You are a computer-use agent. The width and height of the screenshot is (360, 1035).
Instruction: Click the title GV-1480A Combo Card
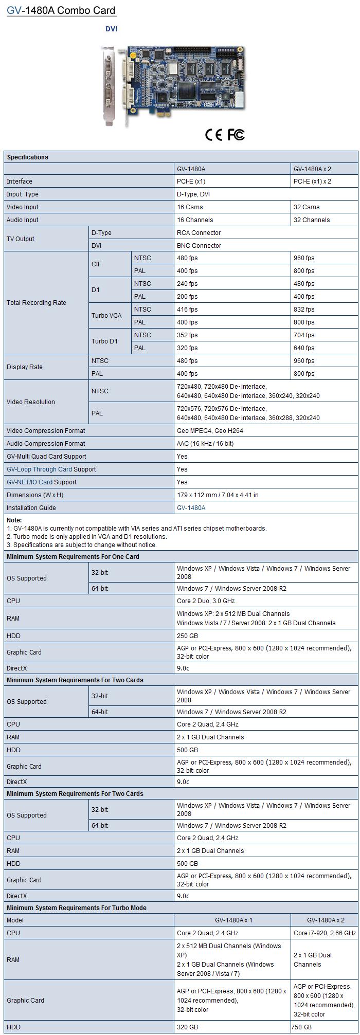(x=61, y=10)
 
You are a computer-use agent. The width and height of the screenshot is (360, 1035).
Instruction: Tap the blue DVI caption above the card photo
(x=112, y=29)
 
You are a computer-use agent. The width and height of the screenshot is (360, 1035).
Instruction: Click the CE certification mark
(x=213, y=135)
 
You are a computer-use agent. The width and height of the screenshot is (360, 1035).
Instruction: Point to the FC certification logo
(x=236, y=135)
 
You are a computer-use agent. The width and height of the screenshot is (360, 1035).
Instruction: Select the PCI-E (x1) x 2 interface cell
(x=312, y=181)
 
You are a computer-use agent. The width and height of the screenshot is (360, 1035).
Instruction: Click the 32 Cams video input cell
(x=307, y=207)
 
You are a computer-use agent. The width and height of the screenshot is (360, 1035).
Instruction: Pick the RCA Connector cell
(x=199, y=233)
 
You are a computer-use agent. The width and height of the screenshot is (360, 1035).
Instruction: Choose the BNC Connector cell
(x=199, y=246)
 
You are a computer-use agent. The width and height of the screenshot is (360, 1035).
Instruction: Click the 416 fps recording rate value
(x=187, y=310)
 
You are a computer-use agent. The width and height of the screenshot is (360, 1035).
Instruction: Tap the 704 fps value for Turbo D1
(x=304, y=335)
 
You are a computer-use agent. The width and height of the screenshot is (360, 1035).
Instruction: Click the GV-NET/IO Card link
(x=29, y=482)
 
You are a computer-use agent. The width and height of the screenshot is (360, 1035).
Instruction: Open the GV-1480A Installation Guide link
(x=191, y=508)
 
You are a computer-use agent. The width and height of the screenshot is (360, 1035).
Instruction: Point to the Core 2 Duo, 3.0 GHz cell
(x=206, y=601)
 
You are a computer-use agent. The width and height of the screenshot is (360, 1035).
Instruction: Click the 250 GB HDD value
(x=187, y=636)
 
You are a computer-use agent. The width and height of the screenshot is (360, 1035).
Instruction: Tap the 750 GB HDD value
(x=301, y=1027)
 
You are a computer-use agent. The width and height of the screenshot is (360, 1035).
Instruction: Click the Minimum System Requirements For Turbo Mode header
(x=77, y=908)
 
